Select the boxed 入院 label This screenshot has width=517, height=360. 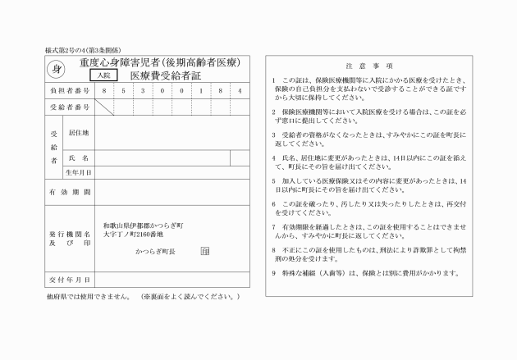[101, 75]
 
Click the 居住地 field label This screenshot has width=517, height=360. [79, 131]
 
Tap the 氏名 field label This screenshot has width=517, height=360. [79, 157]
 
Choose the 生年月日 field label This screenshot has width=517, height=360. [79, 173]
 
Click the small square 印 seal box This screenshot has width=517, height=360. [204, 252]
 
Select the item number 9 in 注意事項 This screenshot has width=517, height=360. [273, 272]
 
